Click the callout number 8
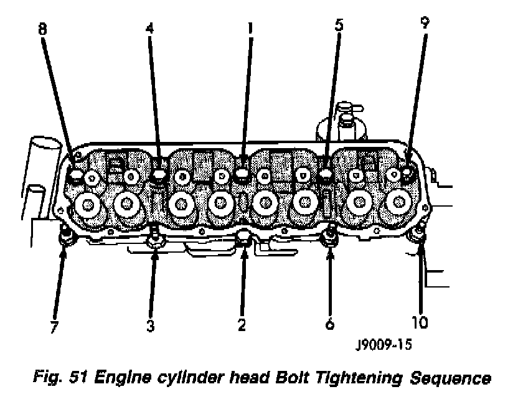coord(42,29)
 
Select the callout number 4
coord(149,28)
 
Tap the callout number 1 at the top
coord(250,28)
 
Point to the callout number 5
coord(339,25)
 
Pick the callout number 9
coord(425,22)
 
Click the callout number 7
coord(54,327)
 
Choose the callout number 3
coord(151,325)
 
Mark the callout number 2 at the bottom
coord(242,325)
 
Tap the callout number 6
coord(330,324)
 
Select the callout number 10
coord(420,322)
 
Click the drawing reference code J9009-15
coord(384,345)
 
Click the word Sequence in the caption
coord(450,378)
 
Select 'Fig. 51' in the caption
coord(60,378)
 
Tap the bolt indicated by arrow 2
coord(243,240)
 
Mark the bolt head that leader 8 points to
coord(76,174)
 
